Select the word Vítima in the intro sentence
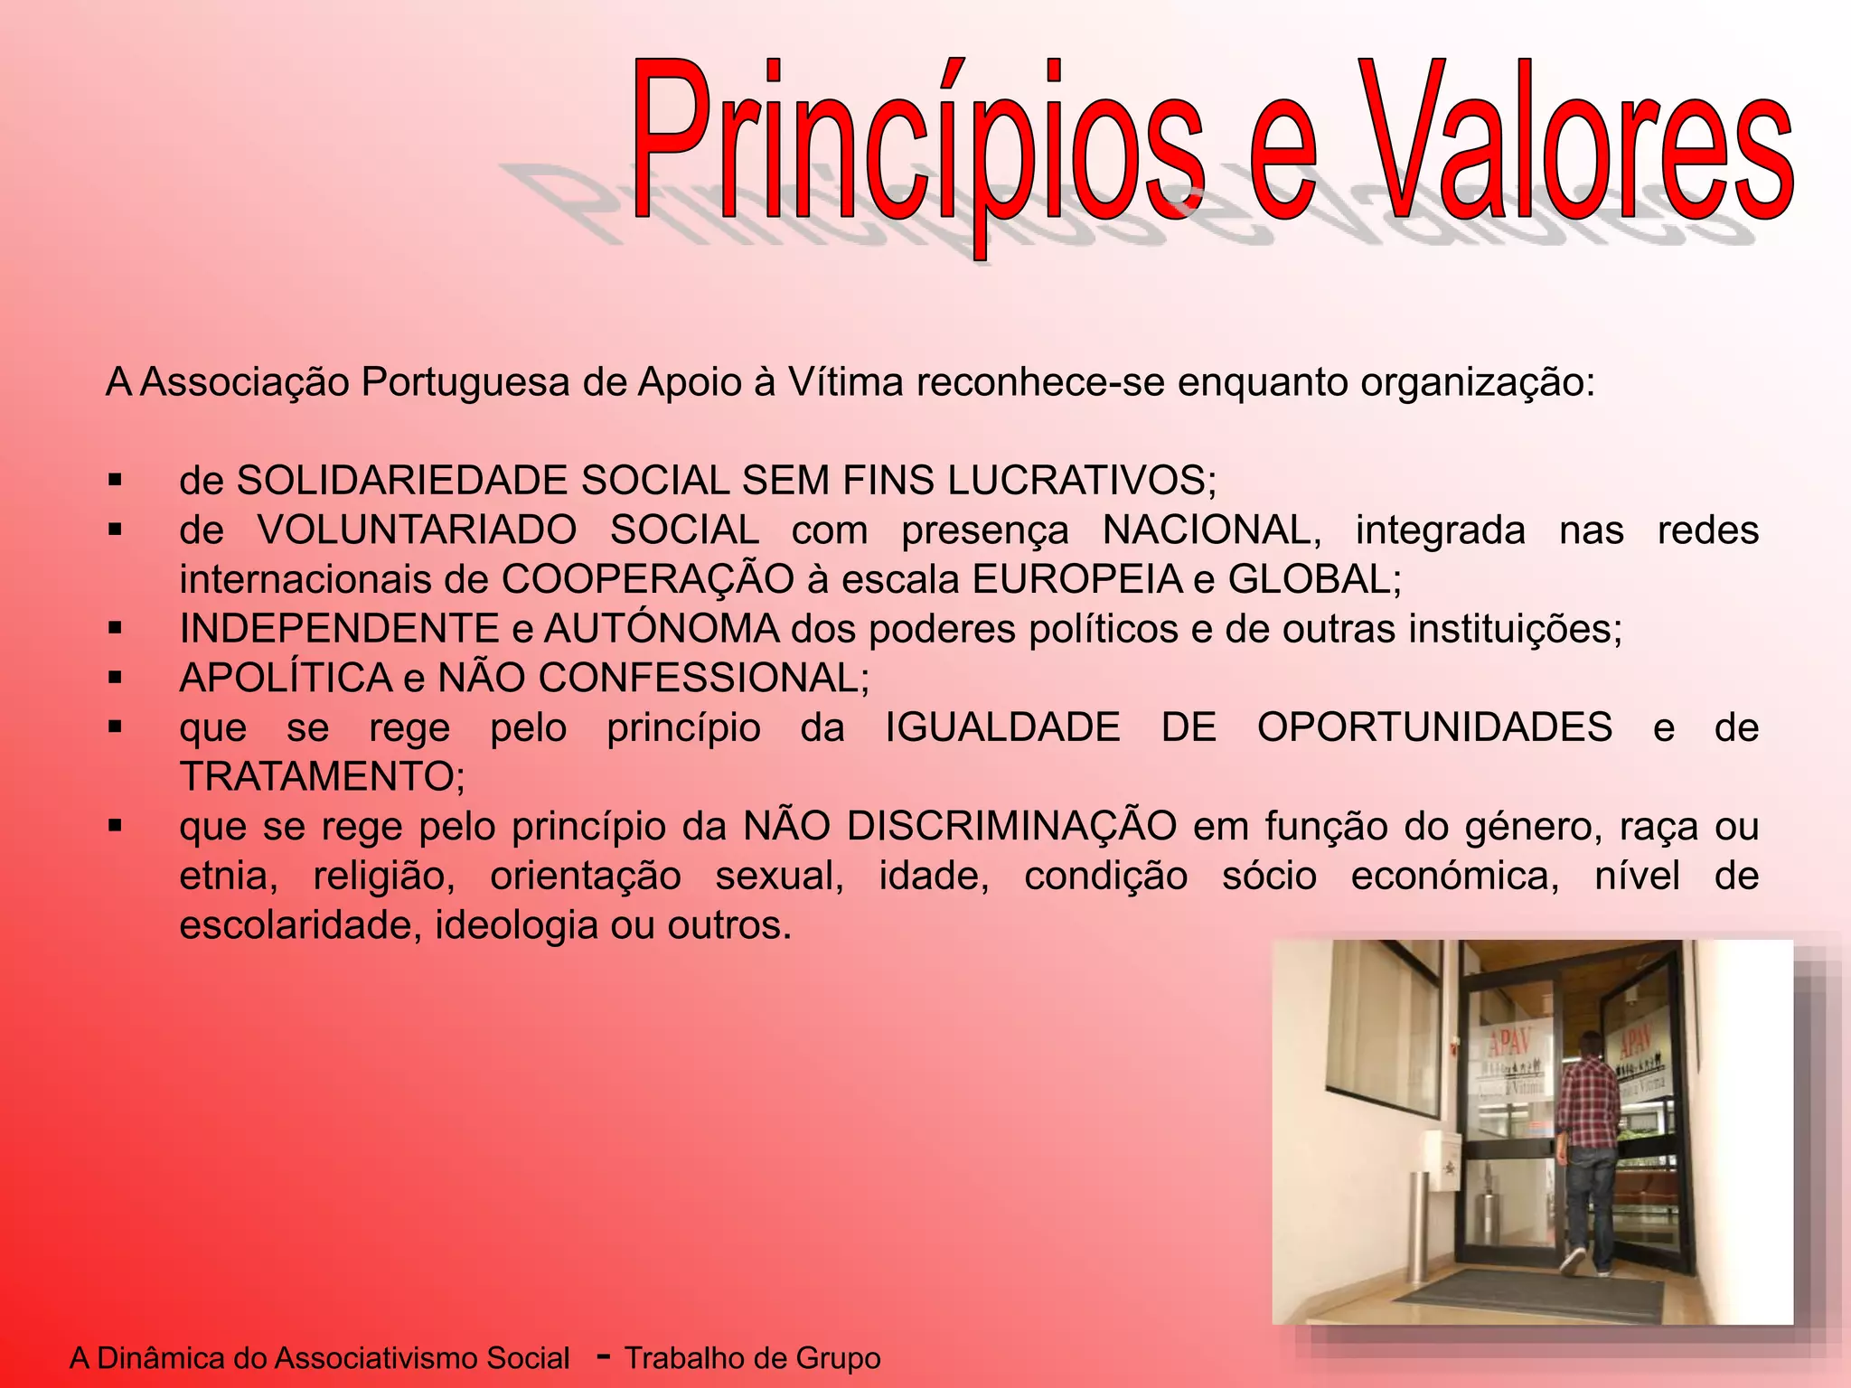click(x=845, y=382)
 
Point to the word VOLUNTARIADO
click(x=417, y=530)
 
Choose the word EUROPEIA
click(x=1077, y=580)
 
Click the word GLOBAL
click(x=1313, y=580)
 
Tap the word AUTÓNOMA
click(x=662, y=629)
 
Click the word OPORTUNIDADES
click(x=1434, y=727)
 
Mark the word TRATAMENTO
click(x=322, y=777)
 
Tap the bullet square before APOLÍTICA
click(x=115, y=677)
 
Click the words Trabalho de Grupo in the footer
click(x=752, y=1358)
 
